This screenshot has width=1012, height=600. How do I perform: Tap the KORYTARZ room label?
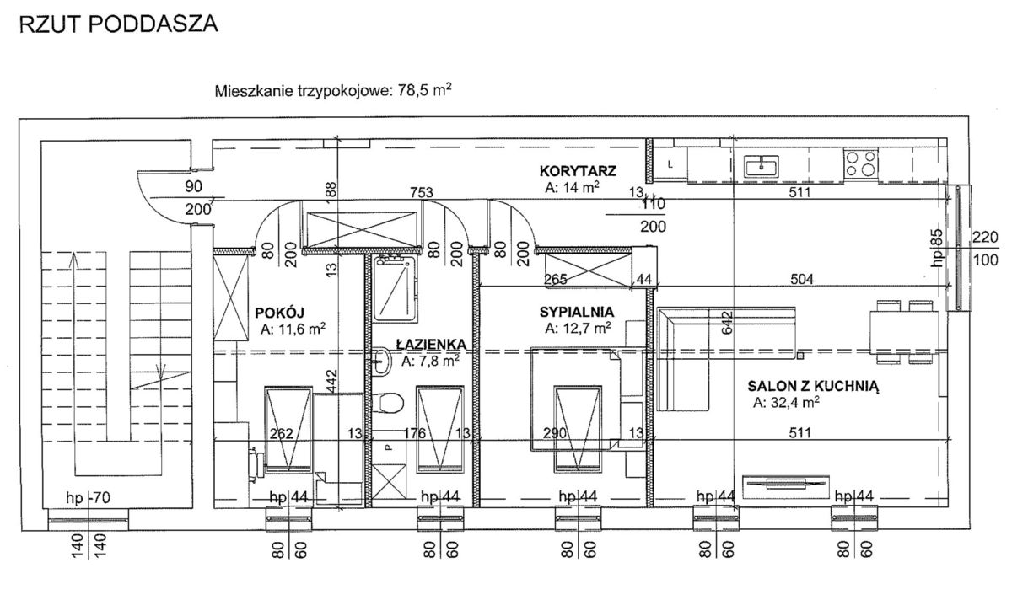[579, 171]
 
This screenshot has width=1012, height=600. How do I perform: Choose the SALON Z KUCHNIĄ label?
[813, 387]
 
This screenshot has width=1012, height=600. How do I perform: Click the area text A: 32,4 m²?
[787, 403]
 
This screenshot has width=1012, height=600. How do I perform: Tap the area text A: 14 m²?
[573, 188]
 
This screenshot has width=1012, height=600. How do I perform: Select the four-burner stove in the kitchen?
[860, 163]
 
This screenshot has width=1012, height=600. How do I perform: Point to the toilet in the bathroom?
[390, 402]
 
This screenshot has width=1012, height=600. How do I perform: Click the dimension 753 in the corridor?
[422, 193]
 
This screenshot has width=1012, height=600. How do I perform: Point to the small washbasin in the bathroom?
[380, 363]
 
